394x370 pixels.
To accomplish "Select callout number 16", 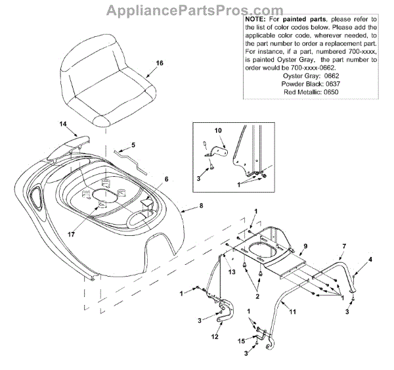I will tap(159, 64).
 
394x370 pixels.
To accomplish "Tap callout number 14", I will tap(63, 124).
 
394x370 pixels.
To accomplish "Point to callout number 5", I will tap(133, 145).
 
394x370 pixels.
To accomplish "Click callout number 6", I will tap(166, 179).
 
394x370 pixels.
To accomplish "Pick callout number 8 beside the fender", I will tap(201, 206).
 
